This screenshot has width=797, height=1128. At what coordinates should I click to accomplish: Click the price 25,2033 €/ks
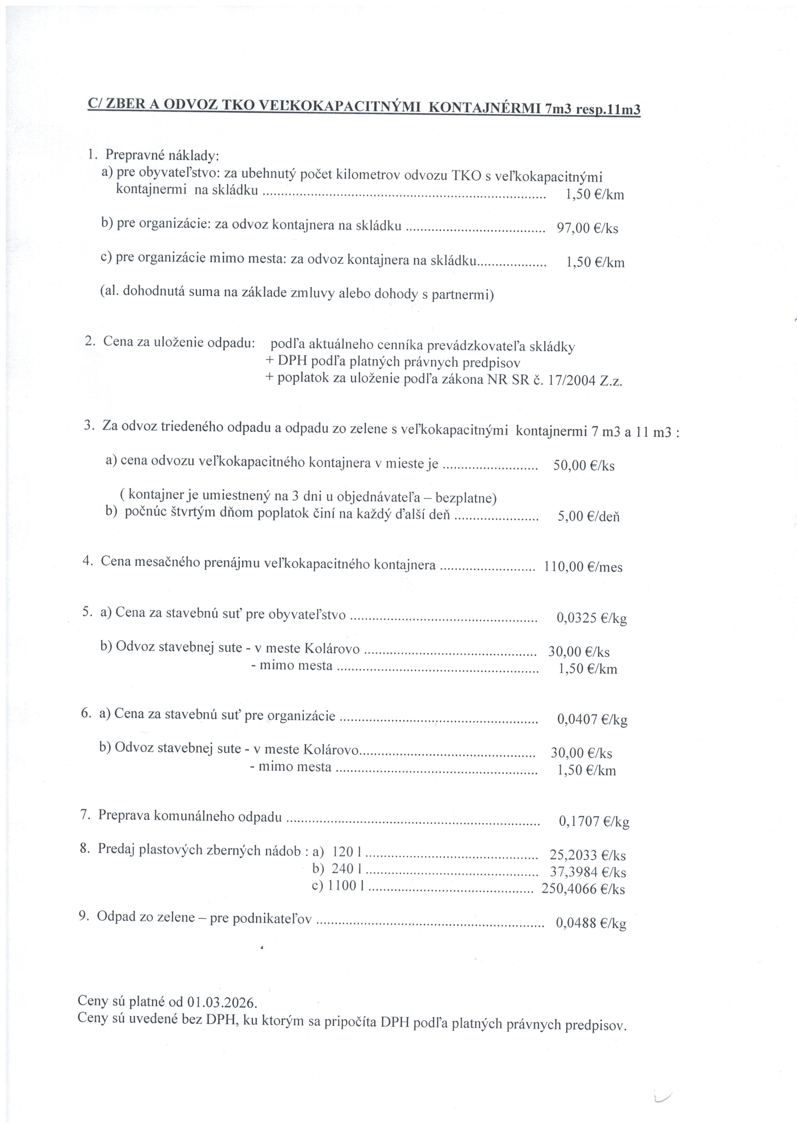[587, 856]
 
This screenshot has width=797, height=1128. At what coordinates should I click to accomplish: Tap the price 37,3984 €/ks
[587, 873]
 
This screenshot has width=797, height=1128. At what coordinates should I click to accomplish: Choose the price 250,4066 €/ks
[583, 889]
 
